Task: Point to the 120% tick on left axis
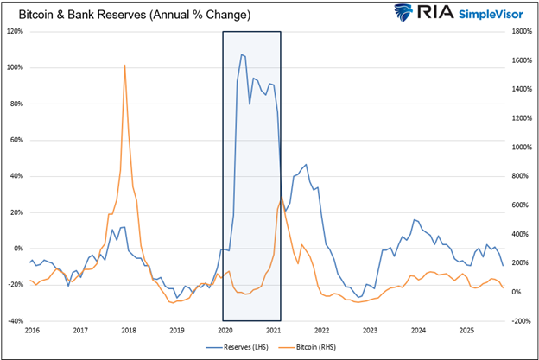point(16,31)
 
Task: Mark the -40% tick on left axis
point(16,320)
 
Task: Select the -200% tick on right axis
point(519,320)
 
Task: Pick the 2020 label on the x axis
point(224,330)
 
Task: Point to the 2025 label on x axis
point(466,330)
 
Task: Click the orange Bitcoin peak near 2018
point(125,66)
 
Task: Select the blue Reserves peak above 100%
point(242,54)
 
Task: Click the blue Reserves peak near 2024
point(415,220)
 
